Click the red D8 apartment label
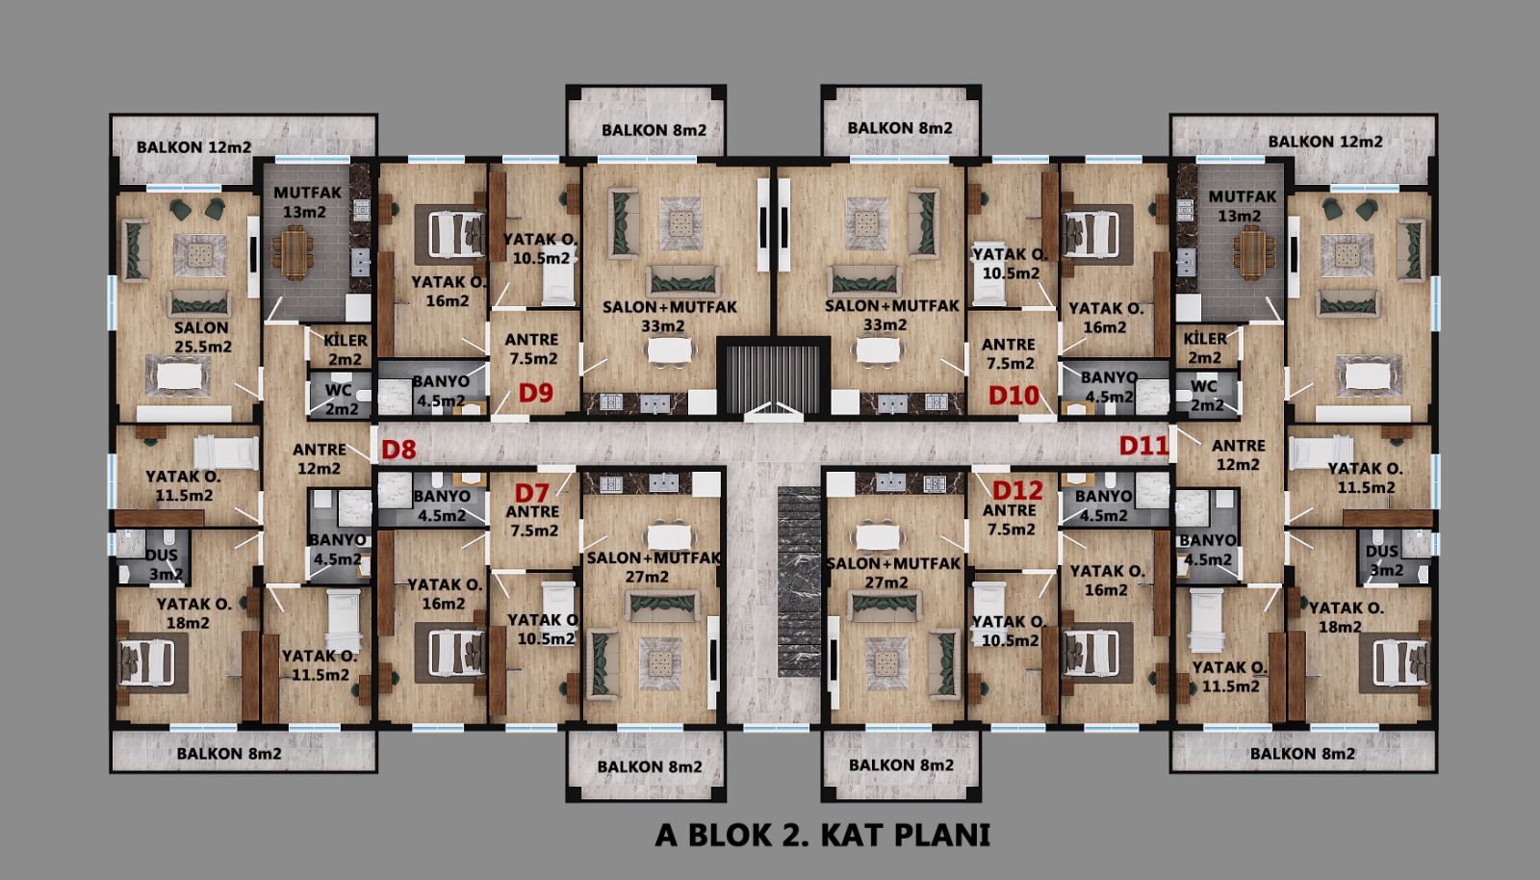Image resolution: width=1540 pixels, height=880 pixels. [x=398, y=450]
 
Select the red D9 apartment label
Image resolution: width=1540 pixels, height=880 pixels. [x=535, y=393]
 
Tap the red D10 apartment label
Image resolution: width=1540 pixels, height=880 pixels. [x=1014, y=396]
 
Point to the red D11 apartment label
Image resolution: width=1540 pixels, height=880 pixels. [x=1143, y=446]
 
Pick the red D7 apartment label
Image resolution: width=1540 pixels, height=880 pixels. [x=532, y=492]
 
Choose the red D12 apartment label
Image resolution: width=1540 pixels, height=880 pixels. [x=1017, y=490]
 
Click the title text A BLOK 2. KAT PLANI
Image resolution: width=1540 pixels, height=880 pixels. [x=822, y=835]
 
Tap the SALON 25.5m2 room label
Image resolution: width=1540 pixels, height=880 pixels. [x=202, y=337]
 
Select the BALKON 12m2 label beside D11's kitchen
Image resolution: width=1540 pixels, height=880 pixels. [x=1324, y=142]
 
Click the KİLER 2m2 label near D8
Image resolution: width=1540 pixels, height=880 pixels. [x=346, y=349]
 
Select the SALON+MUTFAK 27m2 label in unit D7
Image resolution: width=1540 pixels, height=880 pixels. [x=653, y=567]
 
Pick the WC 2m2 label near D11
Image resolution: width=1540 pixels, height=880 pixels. [x=1204, y=396]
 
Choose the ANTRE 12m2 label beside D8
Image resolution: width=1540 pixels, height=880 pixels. [x=319, y=458]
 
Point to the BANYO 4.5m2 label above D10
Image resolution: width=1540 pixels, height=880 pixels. [x=1108, y=386]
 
